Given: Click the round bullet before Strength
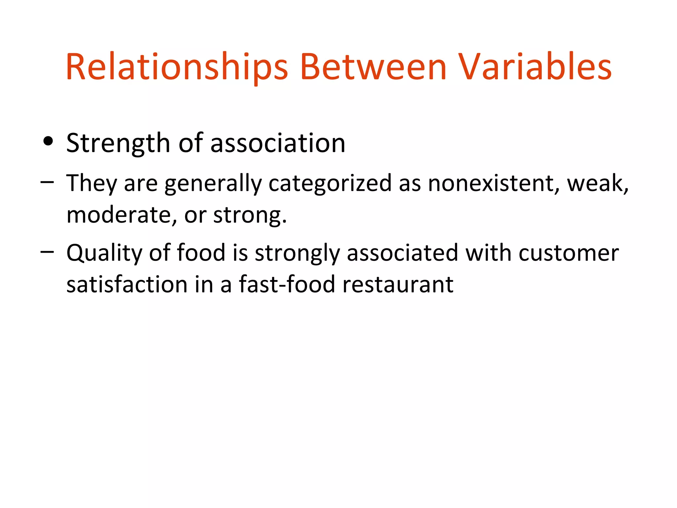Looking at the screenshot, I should pyautogui.click(x=48, y=142).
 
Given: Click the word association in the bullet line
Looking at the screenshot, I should pyautogui.click(x=278, y=143).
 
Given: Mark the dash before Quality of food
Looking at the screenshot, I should pyautogui.click(x=47, y=252).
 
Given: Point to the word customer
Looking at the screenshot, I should pyautogui.click(x=569, y=253).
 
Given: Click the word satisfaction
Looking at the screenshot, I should pyautogui.click(x=127, y=284).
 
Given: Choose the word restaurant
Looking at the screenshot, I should pyautogui.click(x=398, y=284).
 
